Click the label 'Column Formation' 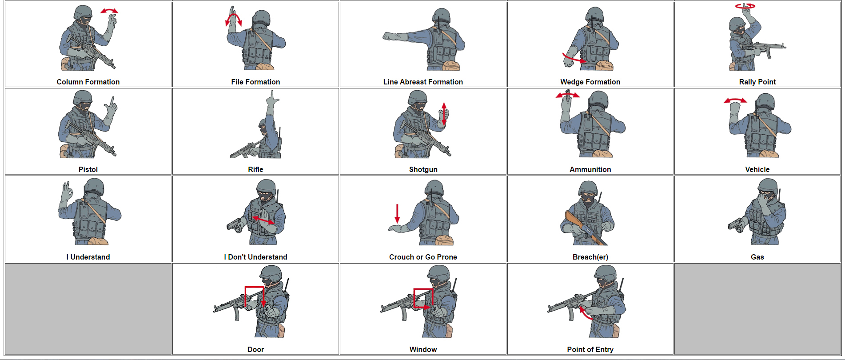(x=88, y=82)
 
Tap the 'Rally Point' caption (x=757, y=82)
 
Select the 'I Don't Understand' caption (x=255, y=257)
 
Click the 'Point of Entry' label (x=590, y=349)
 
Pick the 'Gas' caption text (x=757, y=257)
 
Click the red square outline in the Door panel (x=254, y=294)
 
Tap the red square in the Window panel (x=423, y=298)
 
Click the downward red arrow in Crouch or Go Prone (x=397, y=214)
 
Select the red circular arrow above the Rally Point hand (x=745, y=6)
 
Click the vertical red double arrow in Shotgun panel (x=444, y=113)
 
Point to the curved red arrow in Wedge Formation (x=574, y=58)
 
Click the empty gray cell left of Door (x=88, y=308)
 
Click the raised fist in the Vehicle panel (x=735, y=109)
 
